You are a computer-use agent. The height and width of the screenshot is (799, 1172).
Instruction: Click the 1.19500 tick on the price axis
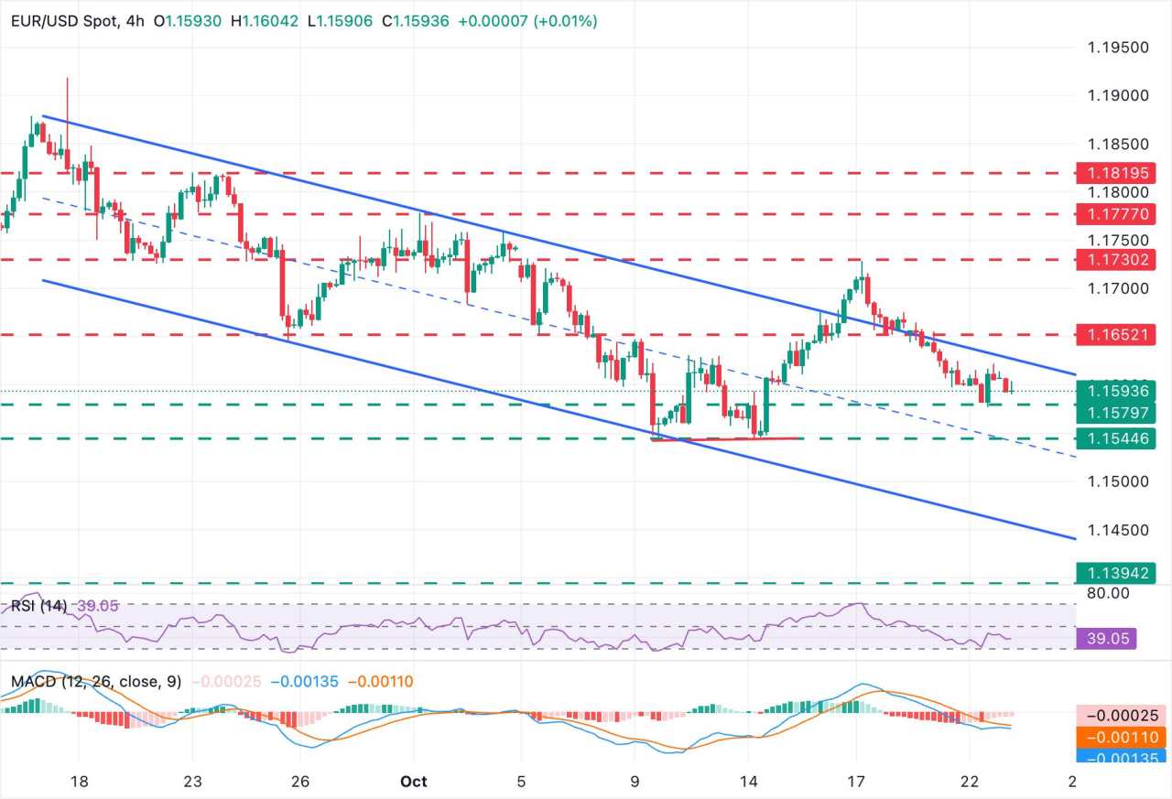1114,48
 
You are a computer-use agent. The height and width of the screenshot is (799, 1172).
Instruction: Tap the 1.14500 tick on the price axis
1114,530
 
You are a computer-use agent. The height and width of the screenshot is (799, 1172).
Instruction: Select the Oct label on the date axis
414,782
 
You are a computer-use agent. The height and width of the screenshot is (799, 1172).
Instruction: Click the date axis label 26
300,782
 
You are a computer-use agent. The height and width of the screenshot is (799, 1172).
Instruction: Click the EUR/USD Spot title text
58,20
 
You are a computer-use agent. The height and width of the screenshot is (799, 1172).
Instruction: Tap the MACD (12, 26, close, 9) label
96,682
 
